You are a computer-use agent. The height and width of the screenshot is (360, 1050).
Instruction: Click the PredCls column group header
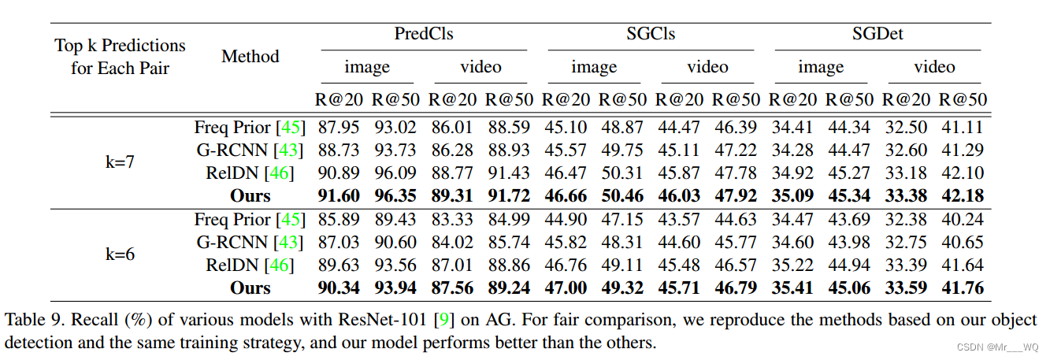tap(424, 34)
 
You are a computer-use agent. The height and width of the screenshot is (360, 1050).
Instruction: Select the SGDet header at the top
tap(877, 34)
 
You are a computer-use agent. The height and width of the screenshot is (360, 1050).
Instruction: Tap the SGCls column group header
tap(651, 34)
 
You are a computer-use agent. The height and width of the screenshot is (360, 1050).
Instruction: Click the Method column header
tap(250, 56)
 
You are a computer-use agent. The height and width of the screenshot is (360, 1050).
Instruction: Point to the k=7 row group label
tap(120, 161)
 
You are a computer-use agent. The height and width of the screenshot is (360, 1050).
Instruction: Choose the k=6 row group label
tap(120, 254)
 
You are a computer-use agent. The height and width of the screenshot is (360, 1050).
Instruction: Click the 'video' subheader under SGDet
tap(934, 67)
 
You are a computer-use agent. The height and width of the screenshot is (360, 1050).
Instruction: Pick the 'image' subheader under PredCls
tap(367, 67)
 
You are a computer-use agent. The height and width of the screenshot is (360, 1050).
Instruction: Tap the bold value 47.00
tap(566, 288)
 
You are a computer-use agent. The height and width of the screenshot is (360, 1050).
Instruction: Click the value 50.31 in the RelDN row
tap(622, 173)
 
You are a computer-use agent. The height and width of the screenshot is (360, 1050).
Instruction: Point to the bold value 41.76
tap(962, 288)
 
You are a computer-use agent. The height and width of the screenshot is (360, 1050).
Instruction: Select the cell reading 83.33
tap(452, 219)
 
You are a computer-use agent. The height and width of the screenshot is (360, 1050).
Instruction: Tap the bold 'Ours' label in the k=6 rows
tap(250, 288)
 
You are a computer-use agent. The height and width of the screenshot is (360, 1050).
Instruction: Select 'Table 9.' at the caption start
tap(31, 321)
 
